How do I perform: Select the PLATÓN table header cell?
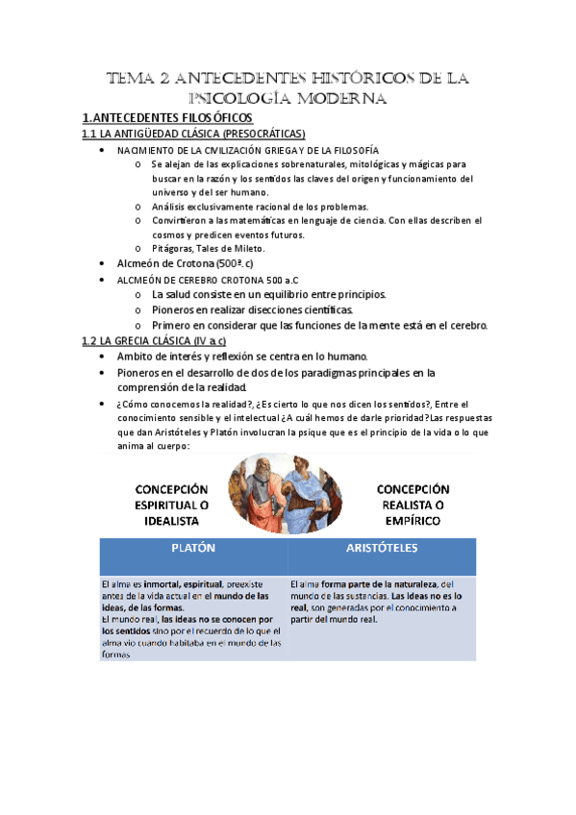click(x=192, y=548)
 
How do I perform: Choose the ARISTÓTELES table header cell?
click(x=382, y=548)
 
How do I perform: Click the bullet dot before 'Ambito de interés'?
click(x=104, y=357)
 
